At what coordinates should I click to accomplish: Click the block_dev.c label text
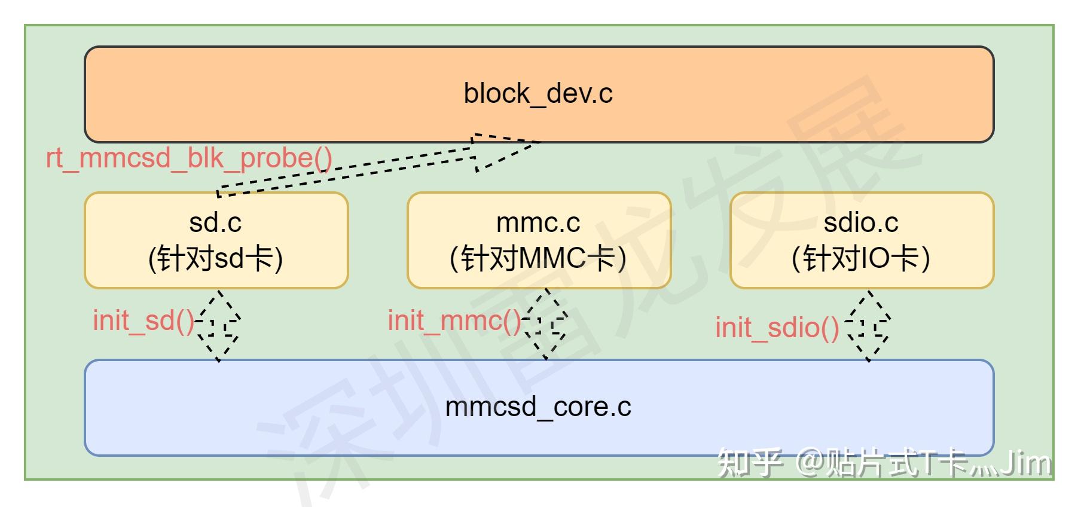click(x=538, y=94)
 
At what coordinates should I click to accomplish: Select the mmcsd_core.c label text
click(x=538, y=407)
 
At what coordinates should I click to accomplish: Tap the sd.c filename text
click(x=215, y=223)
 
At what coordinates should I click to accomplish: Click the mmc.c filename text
click(x=538, y=223)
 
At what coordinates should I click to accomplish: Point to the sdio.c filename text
click(x=861, y=223)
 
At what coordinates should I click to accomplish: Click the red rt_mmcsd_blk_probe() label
click(x=189, y=158)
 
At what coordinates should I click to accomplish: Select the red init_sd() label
click(x=143, y=321)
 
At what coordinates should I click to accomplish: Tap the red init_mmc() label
click(x=454, y=321)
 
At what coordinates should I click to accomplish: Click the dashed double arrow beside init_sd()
click(x=219, y=326)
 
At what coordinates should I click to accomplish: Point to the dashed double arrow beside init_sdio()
click(x=868, y=326)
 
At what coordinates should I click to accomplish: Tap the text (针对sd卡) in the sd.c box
click(x=215, y=259)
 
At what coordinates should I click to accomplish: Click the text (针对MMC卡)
click(x=538, y=259)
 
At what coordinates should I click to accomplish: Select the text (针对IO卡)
click(x=861, y=259)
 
